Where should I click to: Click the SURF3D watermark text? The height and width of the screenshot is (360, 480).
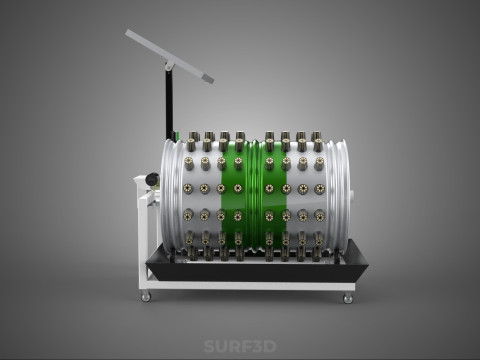(x=240, y=346)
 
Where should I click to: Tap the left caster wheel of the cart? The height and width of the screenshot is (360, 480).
(x=146, y=296)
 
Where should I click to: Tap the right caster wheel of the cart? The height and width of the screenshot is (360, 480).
(x=348, y=297)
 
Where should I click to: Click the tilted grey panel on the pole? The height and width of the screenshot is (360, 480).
(x=169, y=56)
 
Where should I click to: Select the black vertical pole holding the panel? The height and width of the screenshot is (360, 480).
(x=169, y=102)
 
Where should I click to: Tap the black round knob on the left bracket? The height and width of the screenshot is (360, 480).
(x=152, y=180)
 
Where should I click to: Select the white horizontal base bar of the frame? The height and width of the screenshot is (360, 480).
(x=250, y=286)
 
